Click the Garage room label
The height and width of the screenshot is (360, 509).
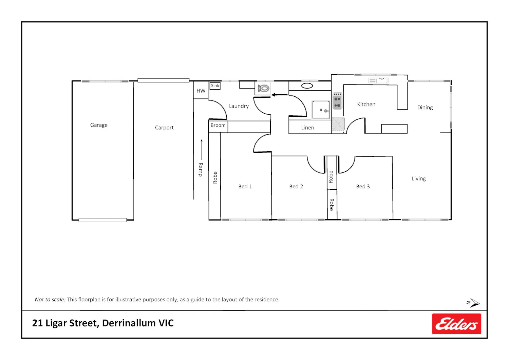(x=99, y=125)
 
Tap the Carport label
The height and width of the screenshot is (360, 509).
(x=164, y=128)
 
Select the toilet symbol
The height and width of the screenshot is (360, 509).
(x=264, y=88)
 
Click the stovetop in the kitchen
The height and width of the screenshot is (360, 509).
(x=337, y=101)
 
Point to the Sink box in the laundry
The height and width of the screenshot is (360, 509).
(x=215, y=86)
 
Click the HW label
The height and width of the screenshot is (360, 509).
(x=201, y=91)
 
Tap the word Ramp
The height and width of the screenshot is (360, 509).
(x=201, y=170)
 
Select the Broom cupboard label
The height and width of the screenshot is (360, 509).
(x=218, y=125)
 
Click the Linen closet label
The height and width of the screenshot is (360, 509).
(x=308, y=128)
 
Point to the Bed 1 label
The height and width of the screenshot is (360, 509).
(x=245, y=187)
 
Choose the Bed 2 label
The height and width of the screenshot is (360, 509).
(x=296, y=187)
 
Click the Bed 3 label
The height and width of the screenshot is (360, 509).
(x=363, y=187)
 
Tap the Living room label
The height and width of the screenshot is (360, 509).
(x=419, y=179)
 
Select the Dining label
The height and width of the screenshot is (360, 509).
(x=425, y=108)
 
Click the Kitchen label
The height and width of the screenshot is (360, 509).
(x=366, y=105)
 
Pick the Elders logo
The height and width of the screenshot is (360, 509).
(x=456, y=324)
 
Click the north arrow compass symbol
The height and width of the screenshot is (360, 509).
(x=473, y=303)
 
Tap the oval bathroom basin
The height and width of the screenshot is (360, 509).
(x=307, y=86)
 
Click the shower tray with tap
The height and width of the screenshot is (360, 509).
(x=321, y=110)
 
